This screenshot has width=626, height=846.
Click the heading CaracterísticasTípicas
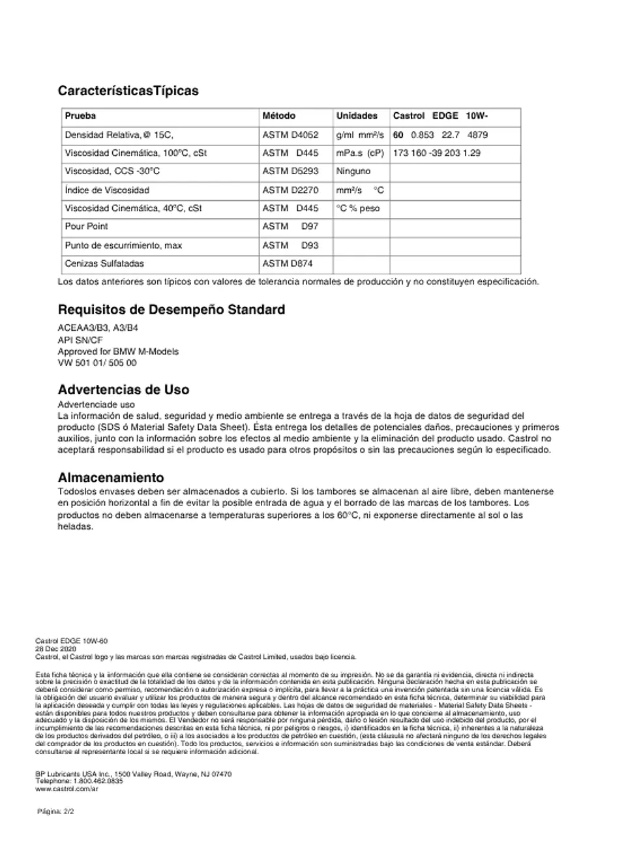128,91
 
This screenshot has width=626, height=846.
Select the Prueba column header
80,116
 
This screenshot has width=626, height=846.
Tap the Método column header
278,116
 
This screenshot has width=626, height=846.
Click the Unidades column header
357,116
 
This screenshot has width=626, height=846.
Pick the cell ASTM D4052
290,135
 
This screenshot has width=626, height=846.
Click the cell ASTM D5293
290,172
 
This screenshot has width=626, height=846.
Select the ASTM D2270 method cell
290,190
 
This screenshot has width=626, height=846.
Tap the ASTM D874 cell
287,264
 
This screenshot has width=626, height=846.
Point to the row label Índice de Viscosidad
107,190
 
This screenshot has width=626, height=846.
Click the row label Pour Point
86,226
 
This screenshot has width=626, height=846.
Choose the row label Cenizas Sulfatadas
104,264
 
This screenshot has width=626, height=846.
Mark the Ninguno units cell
353,172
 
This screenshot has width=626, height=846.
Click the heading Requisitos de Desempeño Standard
171,310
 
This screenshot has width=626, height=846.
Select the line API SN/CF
80,340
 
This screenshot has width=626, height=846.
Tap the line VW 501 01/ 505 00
97,363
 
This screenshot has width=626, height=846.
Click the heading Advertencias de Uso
123,390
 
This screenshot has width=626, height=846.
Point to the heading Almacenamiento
111,477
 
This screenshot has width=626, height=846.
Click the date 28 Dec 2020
55,649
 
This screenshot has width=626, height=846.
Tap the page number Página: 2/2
55,812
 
